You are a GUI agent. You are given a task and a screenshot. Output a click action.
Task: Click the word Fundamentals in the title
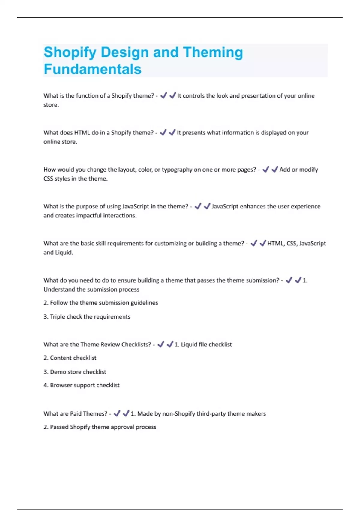pos(92,69)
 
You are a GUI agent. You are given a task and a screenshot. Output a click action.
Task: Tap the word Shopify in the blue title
pos(70,52)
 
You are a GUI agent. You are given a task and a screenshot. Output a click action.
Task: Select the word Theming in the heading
pos(213,52)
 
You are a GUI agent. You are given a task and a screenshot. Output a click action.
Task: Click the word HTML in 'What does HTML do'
pos(82,133)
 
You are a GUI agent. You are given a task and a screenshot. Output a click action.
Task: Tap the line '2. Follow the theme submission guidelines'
pos(101,303)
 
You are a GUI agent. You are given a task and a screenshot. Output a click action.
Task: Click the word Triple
pos(57,317)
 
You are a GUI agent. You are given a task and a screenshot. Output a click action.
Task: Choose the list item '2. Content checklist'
pos(70,358)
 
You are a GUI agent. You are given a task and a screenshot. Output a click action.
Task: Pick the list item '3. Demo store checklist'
pos(75,372)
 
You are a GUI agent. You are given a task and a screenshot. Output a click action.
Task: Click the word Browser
pos(61,385)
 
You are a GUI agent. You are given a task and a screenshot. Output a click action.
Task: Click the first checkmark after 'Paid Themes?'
pos(117,413)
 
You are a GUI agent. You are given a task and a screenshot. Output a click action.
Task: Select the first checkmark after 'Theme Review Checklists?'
pos(161,344)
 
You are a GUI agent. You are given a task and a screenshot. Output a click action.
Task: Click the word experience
pos(306,206)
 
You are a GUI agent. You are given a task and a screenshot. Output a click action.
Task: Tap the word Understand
pos(59,289)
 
